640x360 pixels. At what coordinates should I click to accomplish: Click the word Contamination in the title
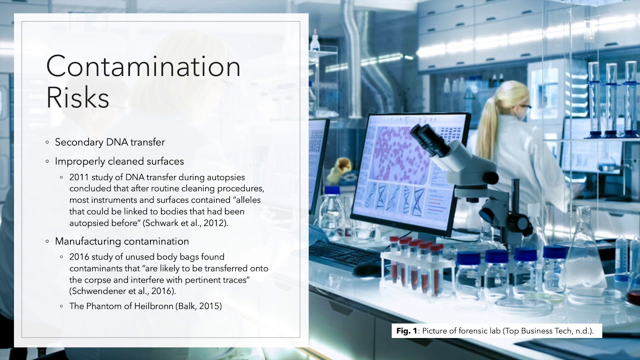point(143,66)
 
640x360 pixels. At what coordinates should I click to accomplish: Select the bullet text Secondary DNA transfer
point(109,142)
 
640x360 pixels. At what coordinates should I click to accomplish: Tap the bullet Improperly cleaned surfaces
point(119,161)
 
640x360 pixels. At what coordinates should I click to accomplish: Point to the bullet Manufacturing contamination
point(121,241)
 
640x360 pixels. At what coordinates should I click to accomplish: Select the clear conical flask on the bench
point(582,260)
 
